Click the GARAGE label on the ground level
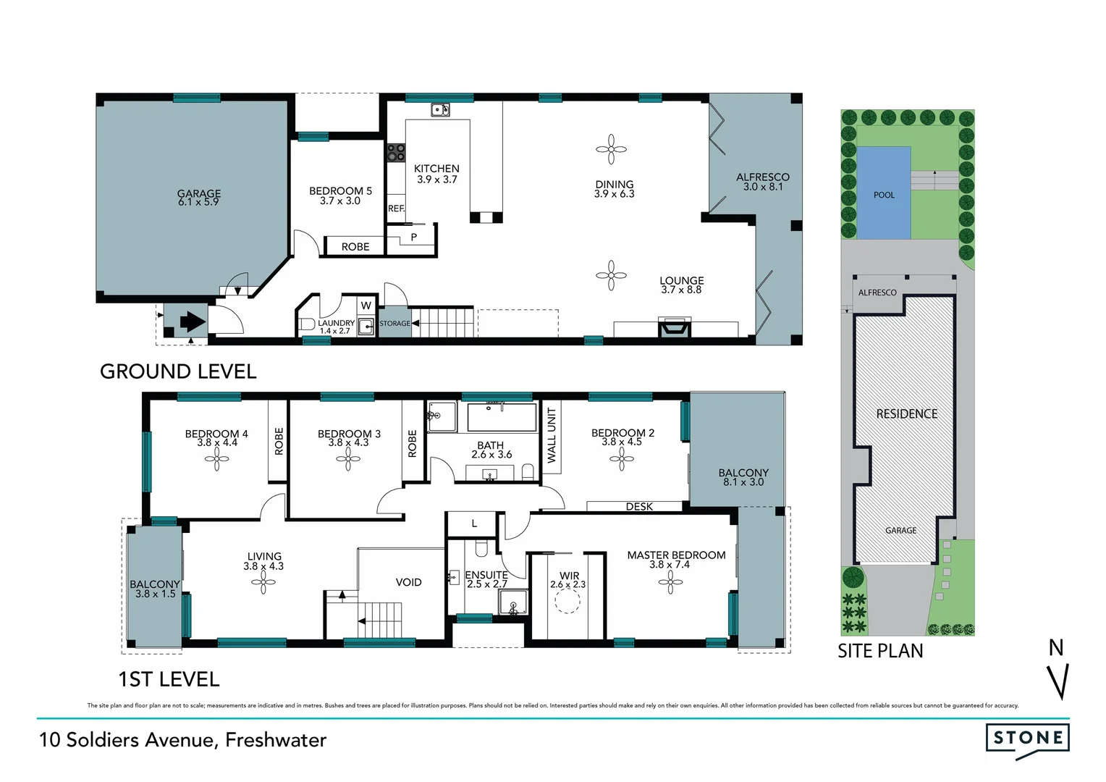199,194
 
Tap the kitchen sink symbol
440,110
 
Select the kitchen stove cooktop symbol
396,153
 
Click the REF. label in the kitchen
396,209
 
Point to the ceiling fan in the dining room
612,149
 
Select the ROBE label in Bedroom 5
355,247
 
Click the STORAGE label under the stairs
394,324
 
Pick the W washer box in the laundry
366,306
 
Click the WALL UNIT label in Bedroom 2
552,435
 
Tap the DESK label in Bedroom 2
639,507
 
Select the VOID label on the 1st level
408,582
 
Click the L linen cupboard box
474,524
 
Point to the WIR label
569,576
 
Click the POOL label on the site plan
884,195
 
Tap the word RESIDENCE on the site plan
906,414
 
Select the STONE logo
1028,739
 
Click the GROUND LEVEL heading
178,371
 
